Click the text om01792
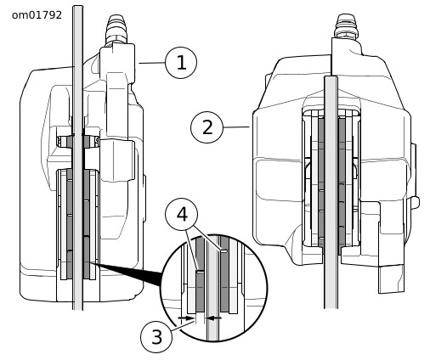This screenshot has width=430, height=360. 37,15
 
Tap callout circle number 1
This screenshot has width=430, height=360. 181,63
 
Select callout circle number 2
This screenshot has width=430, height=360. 207,127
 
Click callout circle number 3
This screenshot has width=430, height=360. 156,337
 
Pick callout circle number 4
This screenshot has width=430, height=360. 182,214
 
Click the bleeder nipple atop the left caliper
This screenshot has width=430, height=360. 116,29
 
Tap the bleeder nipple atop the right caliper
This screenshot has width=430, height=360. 346,26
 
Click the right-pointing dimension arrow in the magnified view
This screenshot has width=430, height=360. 185,318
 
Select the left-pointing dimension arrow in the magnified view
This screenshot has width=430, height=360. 213,318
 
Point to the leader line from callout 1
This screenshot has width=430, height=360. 152,63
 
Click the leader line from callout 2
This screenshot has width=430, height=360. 236,127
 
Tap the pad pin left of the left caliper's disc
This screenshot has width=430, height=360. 65,141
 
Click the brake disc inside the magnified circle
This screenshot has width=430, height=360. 212,289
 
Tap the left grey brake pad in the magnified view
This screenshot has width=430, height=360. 200,291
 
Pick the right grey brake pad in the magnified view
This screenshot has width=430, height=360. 224,274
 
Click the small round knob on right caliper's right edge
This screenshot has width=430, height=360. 416,202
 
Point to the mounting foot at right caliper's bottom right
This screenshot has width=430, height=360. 392,278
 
